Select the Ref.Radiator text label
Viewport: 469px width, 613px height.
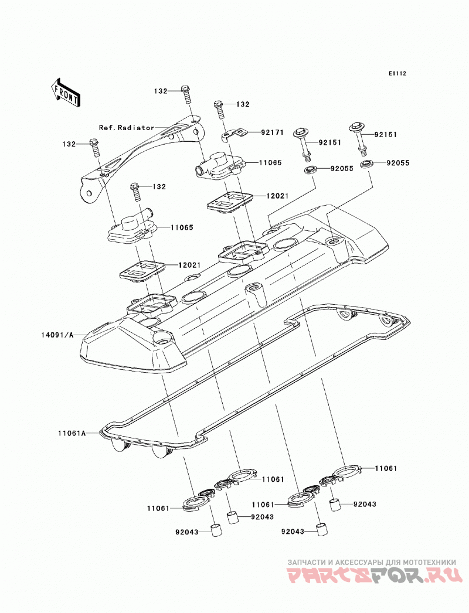127,127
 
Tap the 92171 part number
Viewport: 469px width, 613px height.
272,132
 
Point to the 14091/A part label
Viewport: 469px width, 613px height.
57,335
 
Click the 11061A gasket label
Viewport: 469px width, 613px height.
72,433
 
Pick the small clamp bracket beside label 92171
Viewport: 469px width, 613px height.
235,134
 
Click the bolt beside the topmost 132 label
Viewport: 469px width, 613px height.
186,94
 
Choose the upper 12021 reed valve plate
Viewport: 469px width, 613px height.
231,201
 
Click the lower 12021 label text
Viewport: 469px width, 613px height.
189,265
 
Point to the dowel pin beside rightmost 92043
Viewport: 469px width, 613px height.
337,505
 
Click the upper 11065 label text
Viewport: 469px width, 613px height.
270,163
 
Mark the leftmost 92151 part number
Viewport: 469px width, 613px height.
329,142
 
